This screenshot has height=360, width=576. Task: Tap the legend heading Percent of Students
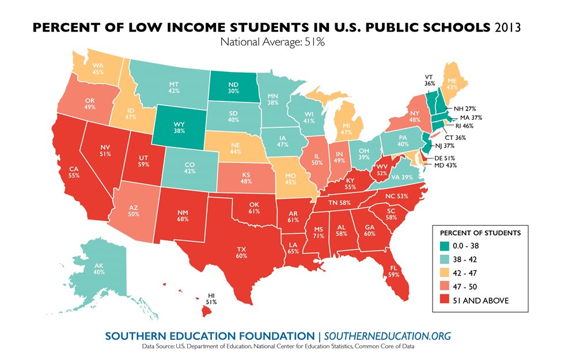(480, 233)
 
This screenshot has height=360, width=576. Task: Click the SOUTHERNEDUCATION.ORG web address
(387, 336)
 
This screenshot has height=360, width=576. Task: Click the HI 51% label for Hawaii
(212, 298)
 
